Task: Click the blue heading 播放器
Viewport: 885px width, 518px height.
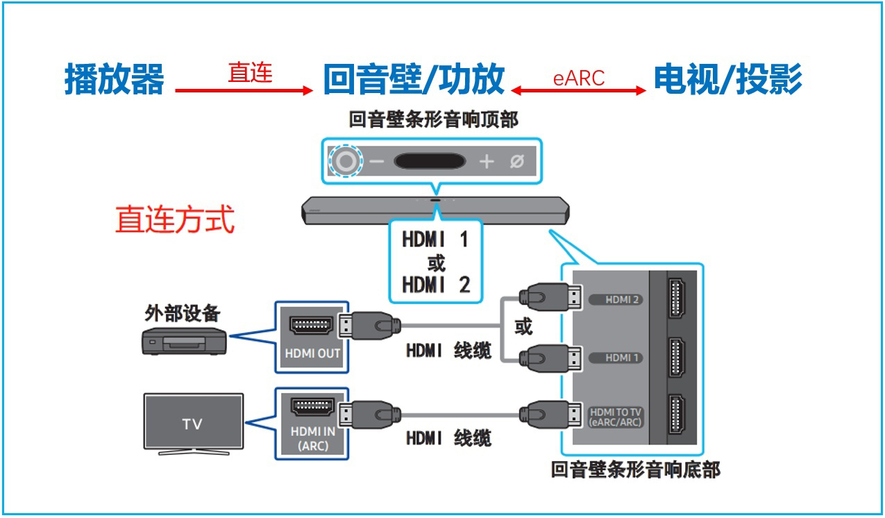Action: tap(115, 78)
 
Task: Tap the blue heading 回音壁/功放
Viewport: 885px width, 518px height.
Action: tap(414, 78)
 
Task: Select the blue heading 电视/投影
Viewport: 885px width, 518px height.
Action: tap(728, 78)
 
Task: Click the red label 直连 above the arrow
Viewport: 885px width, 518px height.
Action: tap(250, 72)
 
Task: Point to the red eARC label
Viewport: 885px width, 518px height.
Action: tap(579, 78)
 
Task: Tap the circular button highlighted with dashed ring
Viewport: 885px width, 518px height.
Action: tap(346, 162)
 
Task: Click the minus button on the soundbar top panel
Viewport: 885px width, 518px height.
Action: tap(377, 162)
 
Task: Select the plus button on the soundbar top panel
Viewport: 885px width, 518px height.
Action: tap(487, 162)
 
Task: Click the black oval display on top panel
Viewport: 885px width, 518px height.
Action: tap(430, 161)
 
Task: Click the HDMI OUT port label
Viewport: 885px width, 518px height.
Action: tap(312, 353)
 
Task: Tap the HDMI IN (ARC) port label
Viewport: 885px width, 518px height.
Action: tap(312, 438)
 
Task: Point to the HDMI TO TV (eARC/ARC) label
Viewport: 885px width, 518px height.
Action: tap(615, 417)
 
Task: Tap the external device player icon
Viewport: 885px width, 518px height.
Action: tap(184, 341)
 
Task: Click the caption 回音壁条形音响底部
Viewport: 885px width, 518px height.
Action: tap(635, 470)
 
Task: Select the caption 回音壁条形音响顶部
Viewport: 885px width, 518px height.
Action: tap(433, 119)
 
